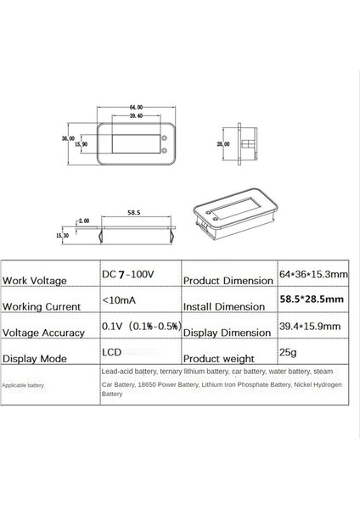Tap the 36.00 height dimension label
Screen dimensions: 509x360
[x=69, y=137]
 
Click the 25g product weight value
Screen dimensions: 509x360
[x=290, y=352]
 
